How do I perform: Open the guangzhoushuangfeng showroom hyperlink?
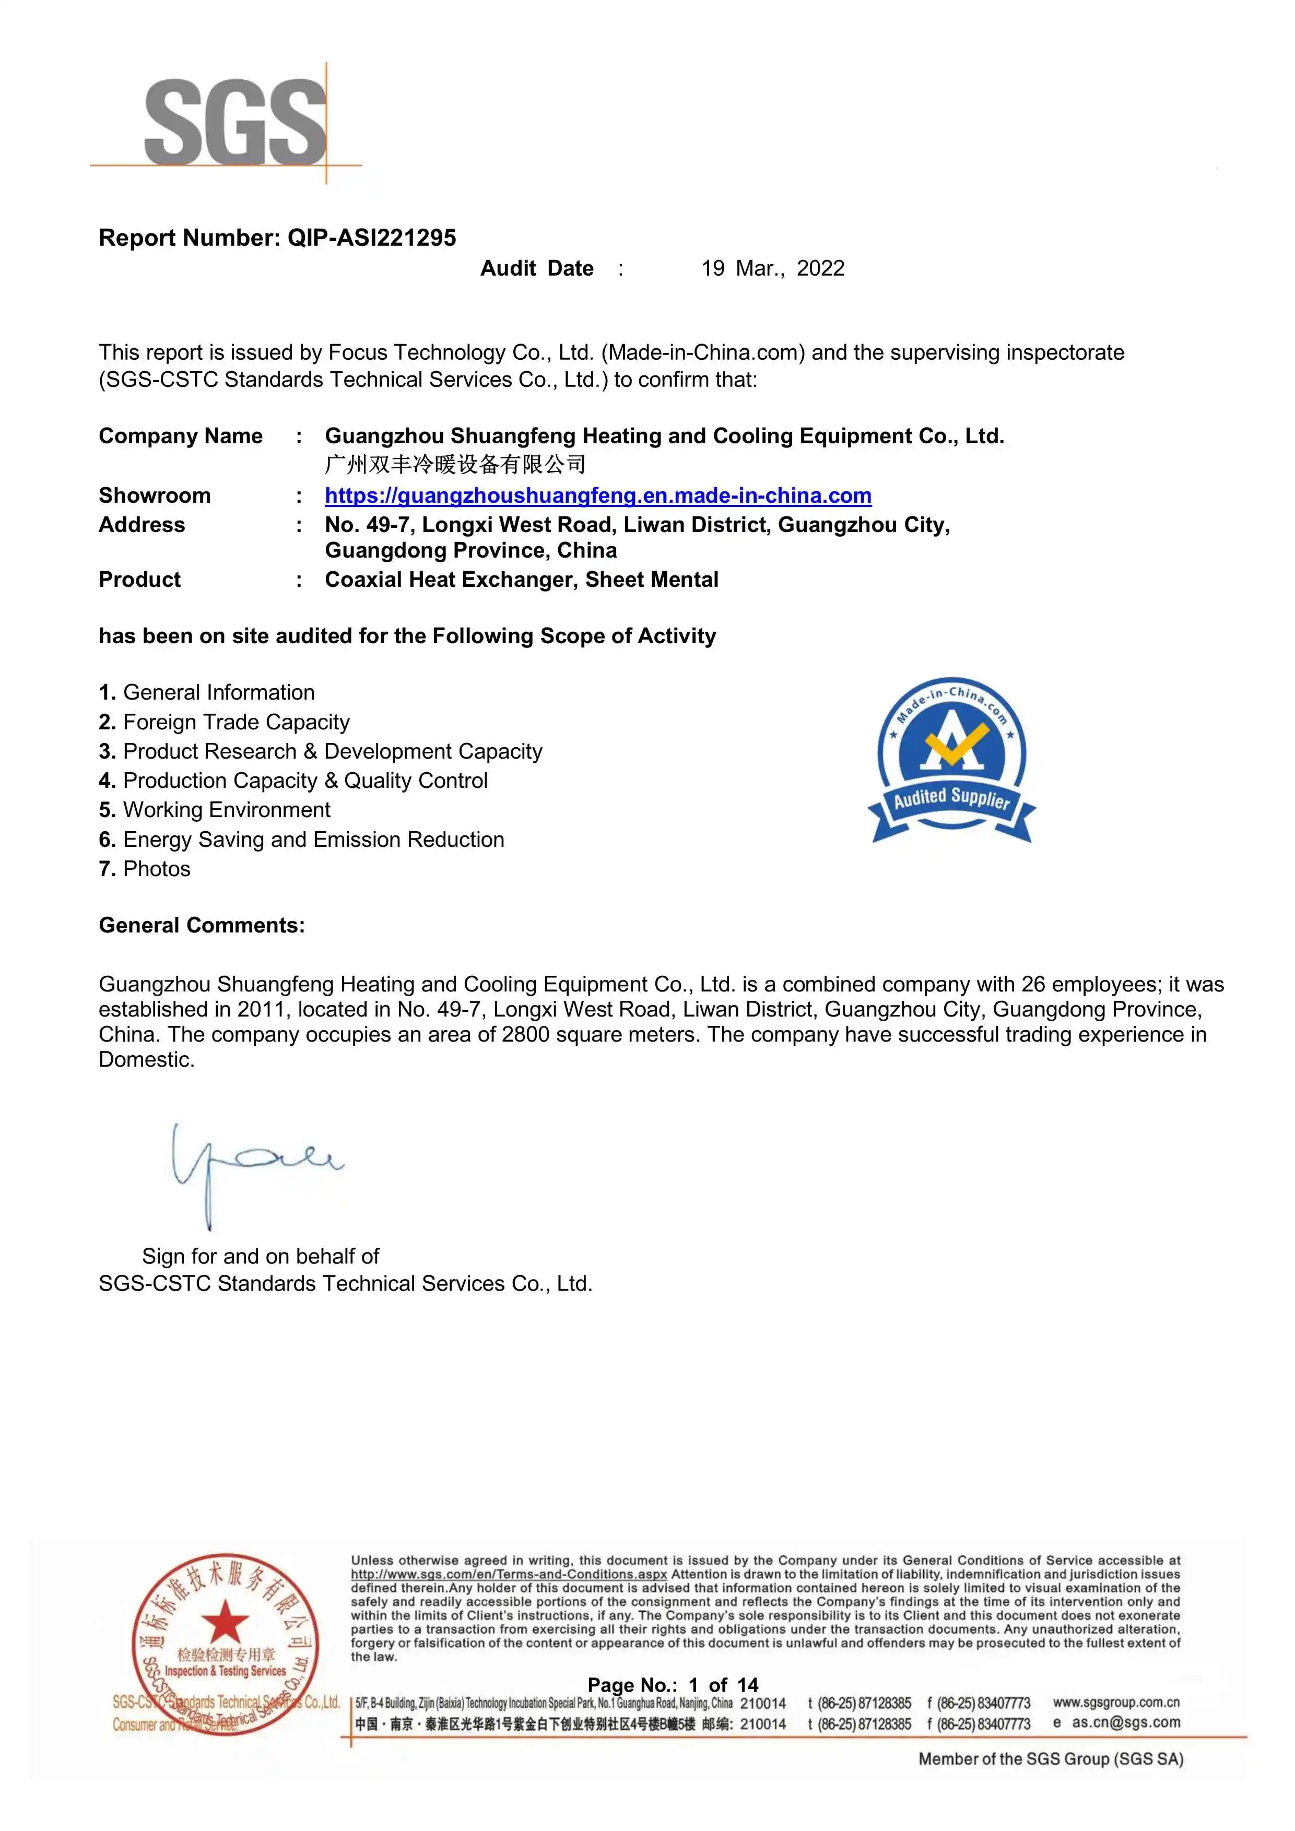pos(597,496)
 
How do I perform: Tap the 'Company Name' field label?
pos(180,436)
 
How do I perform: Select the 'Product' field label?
pos(139,580)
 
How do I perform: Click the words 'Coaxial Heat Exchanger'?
pos(451,580)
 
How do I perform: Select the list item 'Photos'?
pos(156,869)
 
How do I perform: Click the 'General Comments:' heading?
pos(202,926)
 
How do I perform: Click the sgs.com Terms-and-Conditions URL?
pos(509,1574)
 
